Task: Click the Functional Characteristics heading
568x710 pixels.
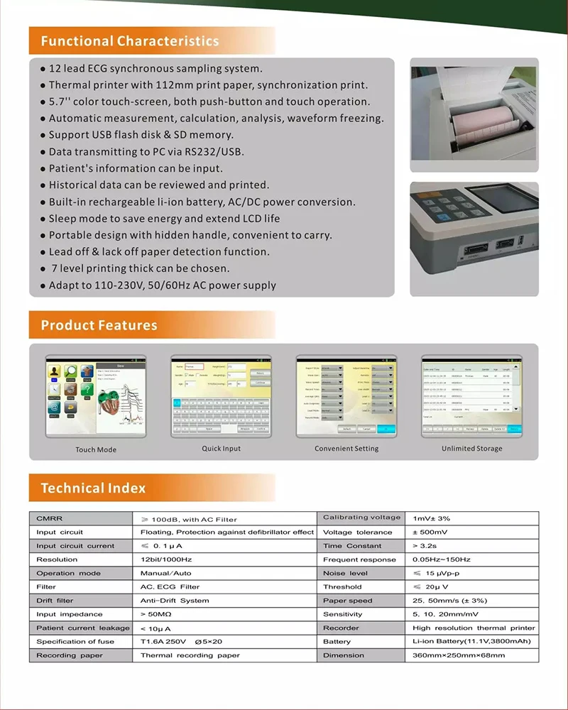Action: pyautogui.click(x=130, y=41)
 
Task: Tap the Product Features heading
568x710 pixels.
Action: pyautogui.click(x=99, y=325)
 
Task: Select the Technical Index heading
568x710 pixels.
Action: pyautogui.click(x=93, y=488)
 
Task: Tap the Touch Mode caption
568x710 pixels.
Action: pyautogui.click(x=96, y=449)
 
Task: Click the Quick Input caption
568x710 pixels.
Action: pyautogui.click(x=221, y=449)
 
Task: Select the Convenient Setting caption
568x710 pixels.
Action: pyautogui.click(x=346, y=449)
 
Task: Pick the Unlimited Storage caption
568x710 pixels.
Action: pyautogui.click(x=471, y=449)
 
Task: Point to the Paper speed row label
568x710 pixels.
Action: pyautogui.click(x=347, y=601)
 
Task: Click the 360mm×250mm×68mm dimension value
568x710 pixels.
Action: pyautogui.click(x=459, y=655)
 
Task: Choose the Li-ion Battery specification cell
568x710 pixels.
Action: pyautogui.click(x=471, y=641)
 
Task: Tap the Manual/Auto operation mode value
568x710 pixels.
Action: pyautogui.click(x=165, y=573)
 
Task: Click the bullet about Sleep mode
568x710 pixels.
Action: pyautogui.click(x=164, y=219)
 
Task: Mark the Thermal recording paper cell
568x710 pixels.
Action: pyautogui.click(x=190, y=655)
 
